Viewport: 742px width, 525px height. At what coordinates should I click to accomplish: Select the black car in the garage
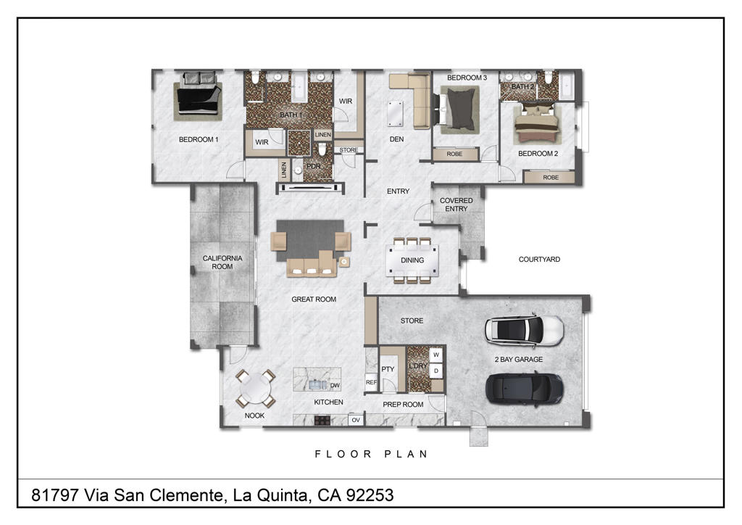pyautogui.click(x=525, y=389)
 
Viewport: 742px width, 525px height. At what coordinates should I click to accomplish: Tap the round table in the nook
pyautogui.click(x=254, y=389)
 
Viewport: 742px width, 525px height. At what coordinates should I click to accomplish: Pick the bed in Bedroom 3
pyautogui.click(x=459, y=109)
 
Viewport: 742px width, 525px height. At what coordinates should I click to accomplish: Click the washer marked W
pyautogui.click(x=436, y=355)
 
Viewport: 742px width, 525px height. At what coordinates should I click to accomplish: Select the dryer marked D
pyautogui.click(x=436, y=371)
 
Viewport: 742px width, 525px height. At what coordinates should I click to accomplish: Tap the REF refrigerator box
pyautogui.click(x=371, y=382)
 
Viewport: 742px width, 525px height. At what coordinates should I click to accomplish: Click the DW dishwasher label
pyautogui.click(x=335, y=386)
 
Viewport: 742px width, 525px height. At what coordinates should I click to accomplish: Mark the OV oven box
pyautogui.click(x=356, y=420)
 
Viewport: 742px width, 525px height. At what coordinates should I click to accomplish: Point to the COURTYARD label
pyautogui.click(x=539, y=260)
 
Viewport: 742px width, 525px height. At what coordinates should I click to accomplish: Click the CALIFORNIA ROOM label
pyautogui.click(x=222, y=262)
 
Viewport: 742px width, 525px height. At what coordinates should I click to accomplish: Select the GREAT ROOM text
pyautogui.click(x=314, y=299)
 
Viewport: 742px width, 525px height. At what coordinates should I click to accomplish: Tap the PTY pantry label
pyautogui.click(x=388, y=369)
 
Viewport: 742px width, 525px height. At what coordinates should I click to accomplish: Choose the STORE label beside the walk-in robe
pyautogui.click(x=349, y=150)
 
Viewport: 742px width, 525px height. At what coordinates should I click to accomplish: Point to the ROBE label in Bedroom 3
pyautogui.click(x=454, y=154)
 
